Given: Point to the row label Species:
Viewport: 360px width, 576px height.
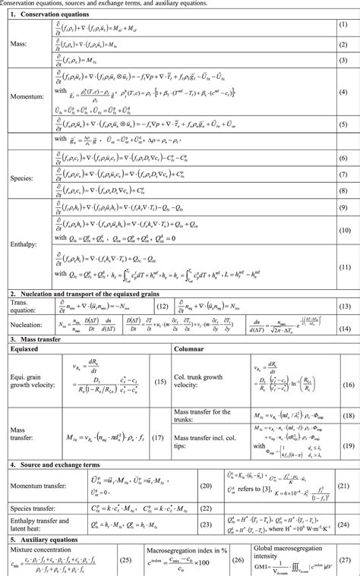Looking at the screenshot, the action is click(22, 179).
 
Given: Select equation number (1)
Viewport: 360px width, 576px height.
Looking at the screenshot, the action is click(343, 30).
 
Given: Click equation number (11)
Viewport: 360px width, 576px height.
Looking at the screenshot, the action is click(343, 266).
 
